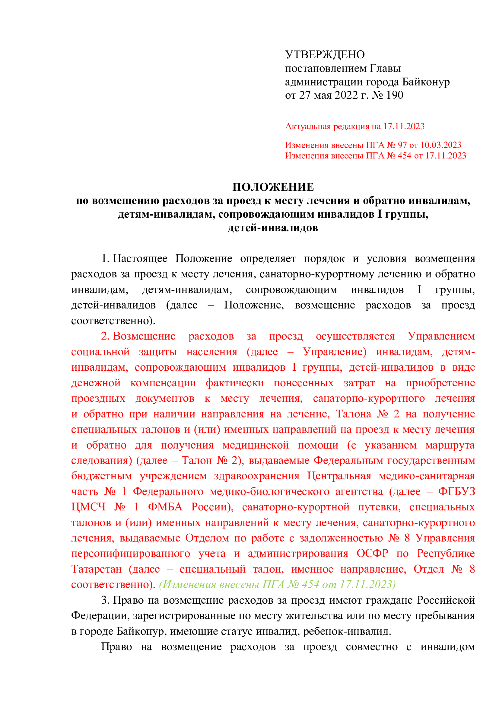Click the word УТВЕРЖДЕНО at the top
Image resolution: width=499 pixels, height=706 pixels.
pyautogui.click(x=325, y=55)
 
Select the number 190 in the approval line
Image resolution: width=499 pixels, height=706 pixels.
pyautogui.click(x=395, y=95)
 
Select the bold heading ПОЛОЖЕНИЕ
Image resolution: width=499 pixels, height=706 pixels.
pyautogui.click(x=273, y=187)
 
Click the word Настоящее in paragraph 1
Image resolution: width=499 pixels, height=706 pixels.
pyautogui.click(x=140, y=258)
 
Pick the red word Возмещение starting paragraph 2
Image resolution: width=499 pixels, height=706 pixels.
pyautogui.click(x=144, y=336)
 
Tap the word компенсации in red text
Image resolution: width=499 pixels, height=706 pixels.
pyautogui.click(x=163, y=383)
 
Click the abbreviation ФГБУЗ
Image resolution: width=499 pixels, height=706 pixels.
pyautogui.click(x=456, y=492)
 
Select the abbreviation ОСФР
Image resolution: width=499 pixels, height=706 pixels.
pyautogui.click(x=372, y=554)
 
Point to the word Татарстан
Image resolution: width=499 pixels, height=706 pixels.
pyautogui.click(x=97, y=569)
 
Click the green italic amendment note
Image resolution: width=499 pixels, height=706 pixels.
pyautogui.click(x=277, y=585)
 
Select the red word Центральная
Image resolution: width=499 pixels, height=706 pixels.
pyautogui.click(x=339, y=476)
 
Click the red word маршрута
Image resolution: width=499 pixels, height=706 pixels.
pyautogui.click(x=450, y=445)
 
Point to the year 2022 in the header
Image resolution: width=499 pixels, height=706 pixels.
pyautogui.click(x=346, y=95)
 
